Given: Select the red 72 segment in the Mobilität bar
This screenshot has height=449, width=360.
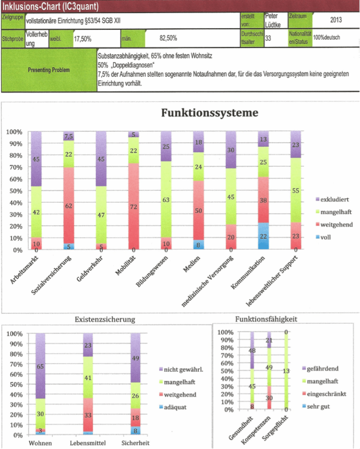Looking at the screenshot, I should (134, 206).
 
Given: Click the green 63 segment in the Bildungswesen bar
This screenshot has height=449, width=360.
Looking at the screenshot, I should (166, 199).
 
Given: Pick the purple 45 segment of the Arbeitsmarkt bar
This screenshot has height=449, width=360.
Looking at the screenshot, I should (36, 159).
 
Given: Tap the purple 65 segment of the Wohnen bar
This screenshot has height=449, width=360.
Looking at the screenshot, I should (41, 367).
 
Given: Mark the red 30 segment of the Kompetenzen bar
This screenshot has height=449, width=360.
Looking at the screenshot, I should (269, 397).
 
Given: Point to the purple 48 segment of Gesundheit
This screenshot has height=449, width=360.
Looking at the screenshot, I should (251, 351).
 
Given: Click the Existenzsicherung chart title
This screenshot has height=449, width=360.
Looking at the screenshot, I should (105, 318).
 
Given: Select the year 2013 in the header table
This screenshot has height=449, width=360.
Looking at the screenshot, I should (336, 20).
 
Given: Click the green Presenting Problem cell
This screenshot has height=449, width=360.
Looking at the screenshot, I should (50, 70).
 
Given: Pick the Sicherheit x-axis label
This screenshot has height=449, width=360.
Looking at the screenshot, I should (135, 443).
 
